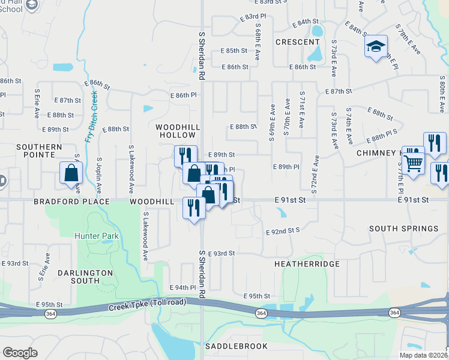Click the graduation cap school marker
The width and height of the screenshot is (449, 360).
tap(376, 47)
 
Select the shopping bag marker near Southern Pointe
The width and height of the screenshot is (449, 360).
tap(71, 173)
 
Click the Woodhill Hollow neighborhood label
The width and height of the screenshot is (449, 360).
tap(176, 132)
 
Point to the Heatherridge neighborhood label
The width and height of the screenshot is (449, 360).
tap(307, 264)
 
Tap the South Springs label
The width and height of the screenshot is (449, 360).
tap(403, 229)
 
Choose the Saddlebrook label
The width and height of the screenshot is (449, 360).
tap(231, 347)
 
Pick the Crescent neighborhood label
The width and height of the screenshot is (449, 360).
tap(297, 42)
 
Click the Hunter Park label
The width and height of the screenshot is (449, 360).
tap(96, 236)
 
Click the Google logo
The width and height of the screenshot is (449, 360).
tap(20, 353)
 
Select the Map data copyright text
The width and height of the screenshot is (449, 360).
tap(423, 355)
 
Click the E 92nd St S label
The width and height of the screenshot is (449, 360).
tap(282, 230)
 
